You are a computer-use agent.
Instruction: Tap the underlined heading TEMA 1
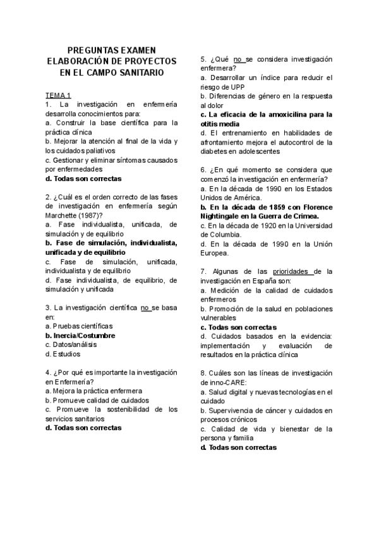(57, 95)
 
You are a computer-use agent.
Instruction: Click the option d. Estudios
(66, 355)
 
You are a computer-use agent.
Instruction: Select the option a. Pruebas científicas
(79, 326)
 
